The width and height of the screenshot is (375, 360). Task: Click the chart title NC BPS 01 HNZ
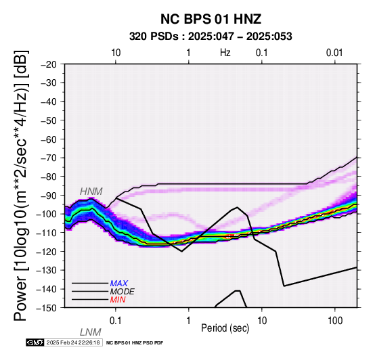click(x=211, y=19)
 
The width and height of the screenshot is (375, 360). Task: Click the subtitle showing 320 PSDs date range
click(x=211, y=37)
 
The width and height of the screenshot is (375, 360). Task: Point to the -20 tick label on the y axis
click(x=49, y=64)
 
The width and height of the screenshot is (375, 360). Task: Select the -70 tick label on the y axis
click(x=49, y=158)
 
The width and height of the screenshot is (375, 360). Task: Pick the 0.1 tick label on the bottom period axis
click(x=116, y=321)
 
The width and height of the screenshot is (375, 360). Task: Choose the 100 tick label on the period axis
click(x=335, y=321)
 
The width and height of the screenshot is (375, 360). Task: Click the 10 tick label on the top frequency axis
click(x=116, y=53)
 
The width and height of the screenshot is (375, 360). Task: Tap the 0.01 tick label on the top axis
click(x=334, y=53)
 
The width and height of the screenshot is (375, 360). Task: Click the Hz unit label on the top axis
click(x=225, y=53)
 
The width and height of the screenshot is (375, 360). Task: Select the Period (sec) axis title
click(x=225, y=328)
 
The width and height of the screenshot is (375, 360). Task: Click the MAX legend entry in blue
click(x=119, y=284)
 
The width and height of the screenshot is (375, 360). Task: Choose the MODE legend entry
click(x=123, y=292)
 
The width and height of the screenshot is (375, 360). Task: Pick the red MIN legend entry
click(x=118, y=300)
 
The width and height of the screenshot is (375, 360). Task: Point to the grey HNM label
click(x=91, y=192)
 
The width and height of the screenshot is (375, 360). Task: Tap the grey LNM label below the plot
click(x=91, y=332)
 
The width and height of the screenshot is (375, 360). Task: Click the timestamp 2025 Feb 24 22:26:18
click(x=73, y=342)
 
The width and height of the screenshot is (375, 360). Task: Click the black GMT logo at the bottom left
click(x=35, y=342)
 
